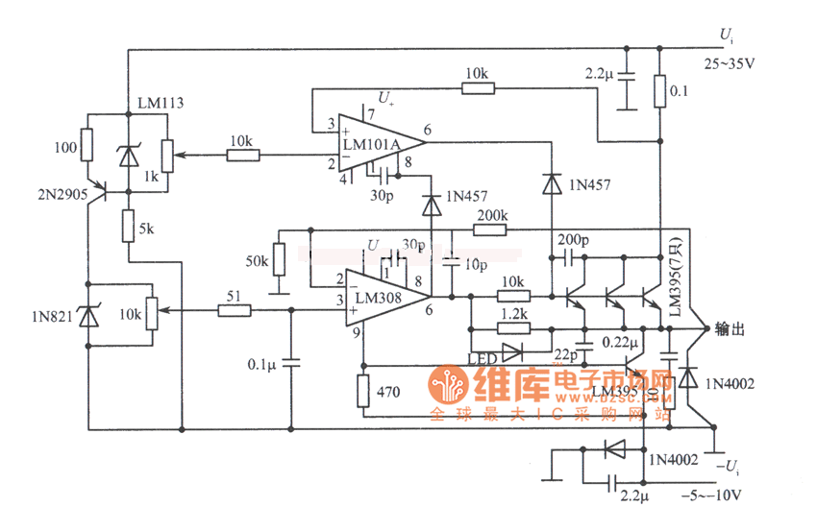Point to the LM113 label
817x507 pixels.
click(x=161, y=103)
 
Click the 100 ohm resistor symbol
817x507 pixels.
click(x=87, y=145)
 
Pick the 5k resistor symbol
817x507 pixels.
click(x=128, y=226)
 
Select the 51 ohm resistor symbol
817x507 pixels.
click(x=234, y=310)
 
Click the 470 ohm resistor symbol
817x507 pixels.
click(x=363, y=392)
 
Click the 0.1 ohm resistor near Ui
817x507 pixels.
click(x=659, y=90)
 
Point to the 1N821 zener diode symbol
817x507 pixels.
click(x=87, y=315)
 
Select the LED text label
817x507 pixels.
click(x=482, y=359)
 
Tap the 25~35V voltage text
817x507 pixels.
click(x=730, y=64)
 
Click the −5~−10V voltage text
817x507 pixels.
click(x=713, y=495)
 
